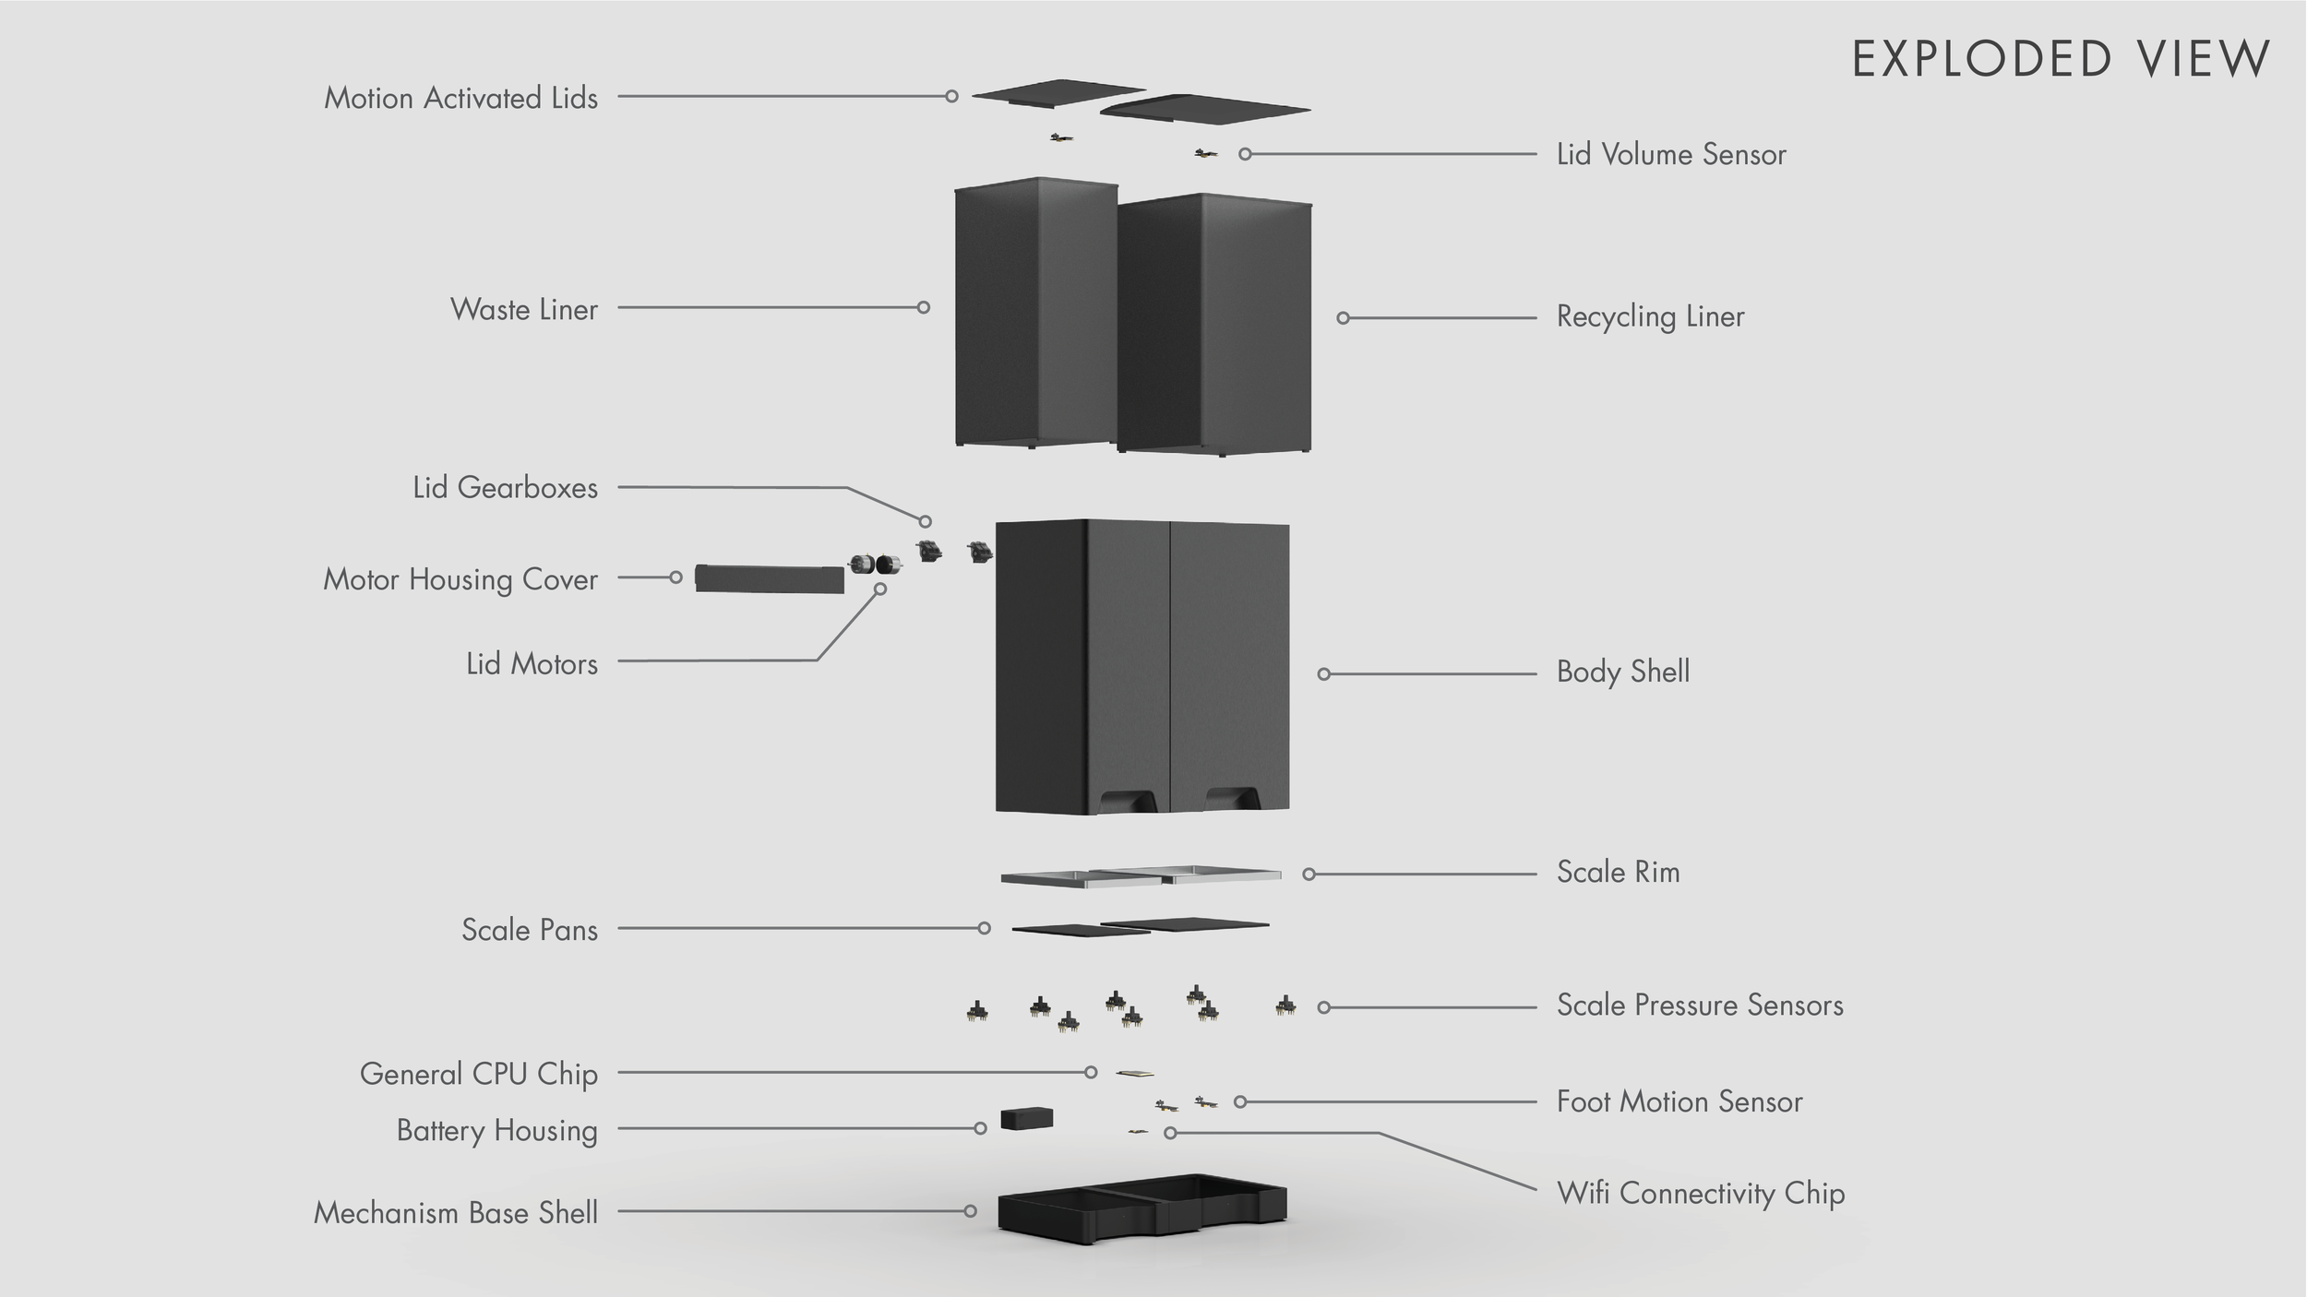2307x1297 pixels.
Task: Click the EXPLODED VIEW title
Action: [x=2061, y=59]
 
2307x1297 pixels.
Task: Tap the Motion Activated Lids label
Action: [x=460, y=98]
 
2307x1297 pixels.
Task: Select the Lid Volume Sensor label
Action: [x=1671, y=154]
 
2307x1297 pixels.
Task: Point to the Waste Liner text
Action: [x=524, y=309]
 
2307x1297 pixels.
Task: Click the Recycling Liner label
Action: [x=1651, y=316]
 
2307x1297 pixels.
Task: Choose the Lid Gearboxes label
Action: [x=505, y=487]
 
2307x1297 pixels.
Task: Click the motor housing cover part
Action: [x=769, y=578]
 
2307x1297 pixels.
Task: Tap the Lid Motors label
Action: [x=532, y=663]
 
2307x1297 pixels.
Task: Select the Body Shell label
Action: [x=1623, y=672]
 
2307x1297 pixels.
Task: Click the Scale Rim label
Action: [x=1618, y=872]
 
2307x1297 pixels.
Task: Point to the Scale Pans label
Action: [x=530, y=929]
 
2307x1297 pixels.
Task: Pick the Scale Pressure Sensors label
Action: [x=1700, y=1005]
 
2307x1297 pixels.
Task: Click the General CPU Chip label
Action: [x=479, y=1074]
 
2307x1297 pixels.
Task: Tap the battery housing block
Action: [x=1026, y=1119]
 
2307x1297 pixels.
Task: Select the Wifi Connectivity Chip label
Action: [x=1701, y=1193]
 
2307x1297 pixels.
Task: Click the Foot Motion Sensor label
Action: [x=1679, y=1101]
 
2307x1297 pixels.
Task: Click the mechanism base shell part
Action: [x=1142, y=1208]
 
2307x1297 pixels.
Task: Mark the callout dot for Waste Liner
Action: [x=923, y=307]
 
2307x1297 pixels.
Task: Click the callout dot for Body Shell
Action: [x=1323, y=674]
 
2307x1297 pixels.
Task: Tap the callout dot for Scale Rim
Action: [x=1309, y=874]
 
